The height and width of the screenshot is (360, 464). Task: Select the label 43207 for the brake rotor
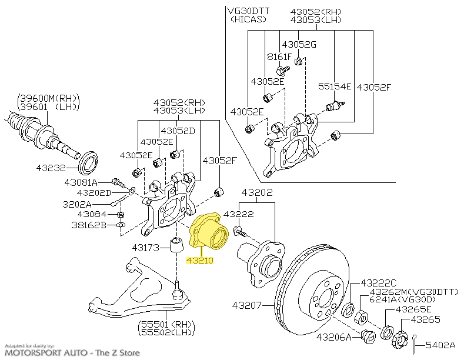tap(246, 305)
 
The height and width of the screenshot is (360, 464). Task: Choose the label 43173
tap(147, 247)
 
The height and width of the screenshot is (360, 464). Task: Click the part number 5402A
tap(442, 344)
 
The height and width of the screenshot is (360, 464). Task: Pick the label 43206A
tap(333, 337)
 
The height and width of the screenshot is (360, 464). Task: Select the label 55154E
tap(335, 86)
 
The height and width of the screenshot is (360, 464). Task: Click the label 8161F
tap(279, 56)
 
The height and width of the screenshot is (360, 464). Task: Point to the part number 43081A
tap(83, 182)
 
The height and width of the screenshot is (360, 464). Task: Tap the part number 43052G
tap(299, 44)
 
